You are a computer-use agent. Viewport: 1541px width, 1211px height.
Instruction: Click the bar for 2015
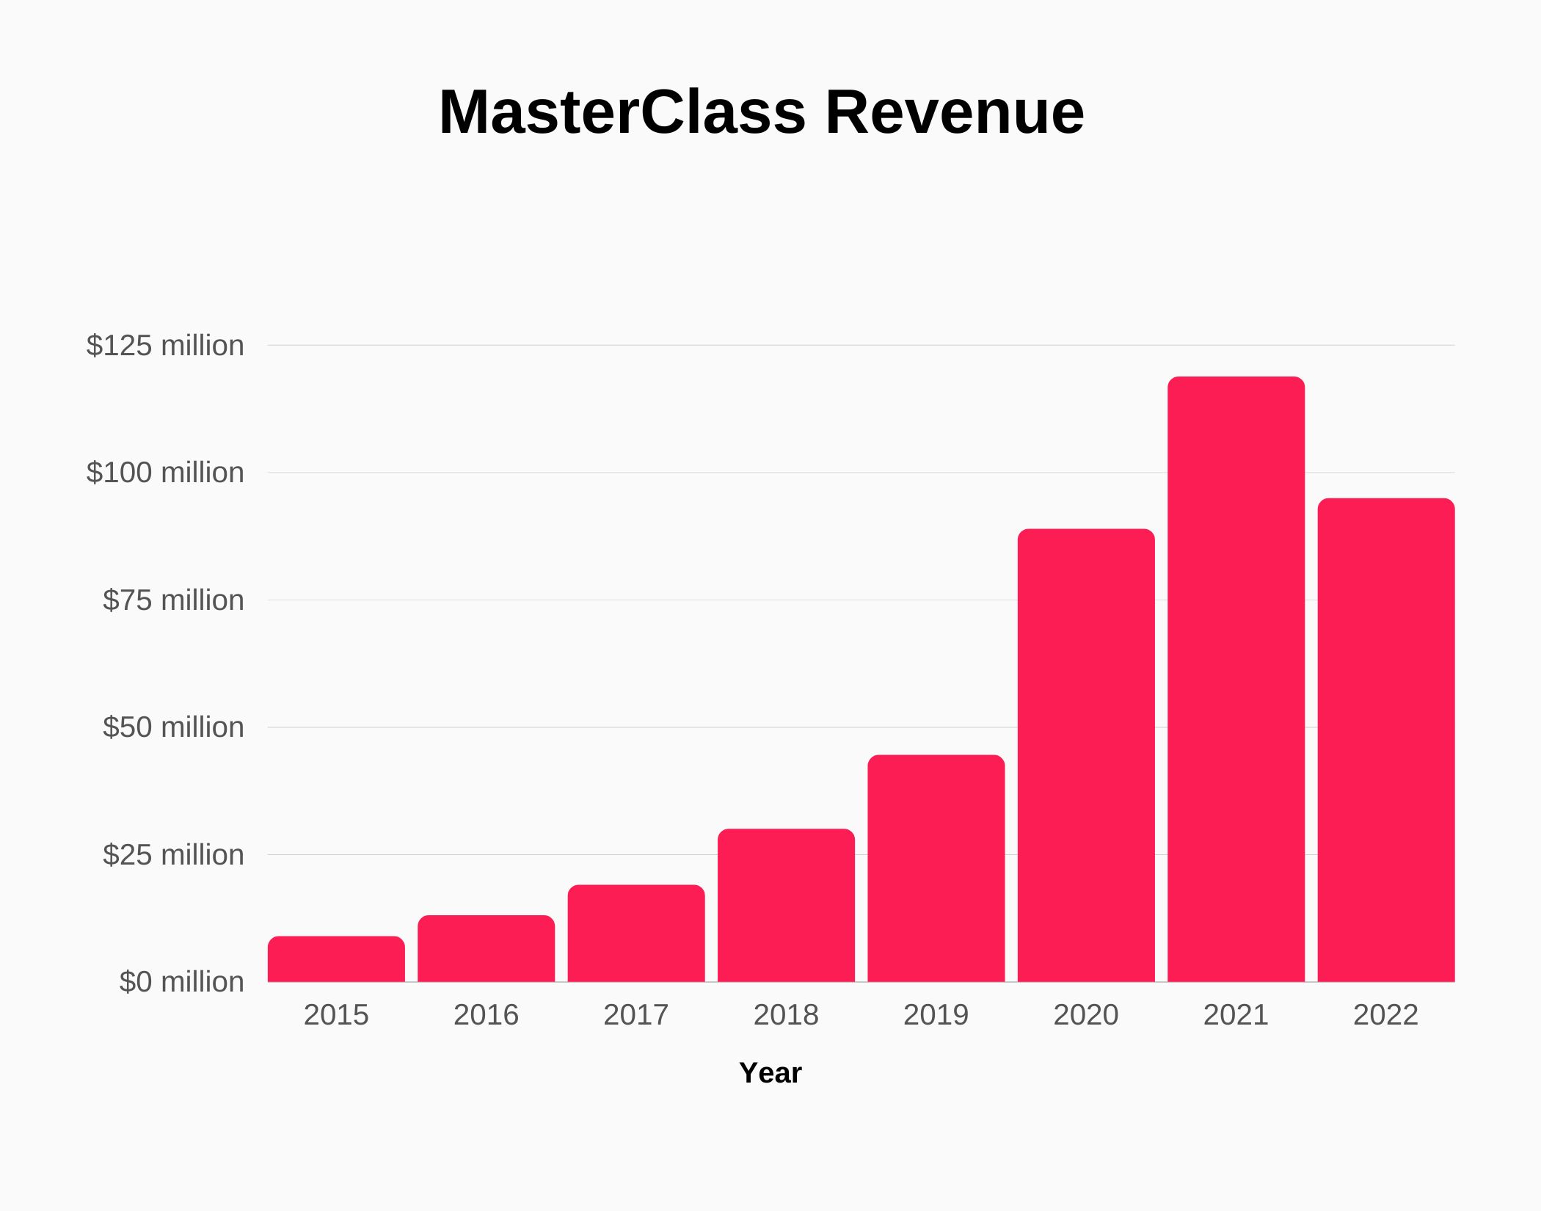click(336, 959)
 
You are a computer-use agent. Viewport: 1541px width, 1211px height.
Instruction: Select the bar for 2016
click(486, 948)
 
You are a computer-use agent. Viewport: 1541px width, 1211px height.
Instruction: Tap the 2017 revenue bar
click(636, 934)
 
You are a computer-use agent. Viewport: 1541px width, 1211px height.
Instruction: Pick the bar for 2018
click(786, 906)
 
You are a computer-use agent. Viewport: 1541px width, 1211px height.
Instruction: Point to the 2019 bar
click(936, 868)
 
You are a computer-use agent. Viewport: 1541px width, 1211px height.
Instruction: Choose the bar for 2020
click(1086, 755)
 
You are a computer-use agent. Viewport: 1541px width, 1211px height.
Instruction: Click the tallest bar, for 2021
click(1236, 679)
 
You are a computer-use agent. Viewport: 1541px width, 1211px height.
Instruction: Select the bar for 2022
click(1386, 740)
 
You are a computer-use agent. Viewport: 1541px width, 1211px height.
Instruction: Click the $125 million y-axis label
click(165, 345)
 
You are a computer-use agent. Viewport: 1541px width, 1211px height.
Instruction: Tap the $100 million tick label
click(165, 473)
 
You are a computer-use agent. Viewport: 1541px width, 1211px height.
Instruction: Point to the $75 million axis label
click(173, 600)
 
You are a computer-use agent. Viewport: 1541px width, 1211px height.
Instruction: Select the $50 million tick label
click(173, 727)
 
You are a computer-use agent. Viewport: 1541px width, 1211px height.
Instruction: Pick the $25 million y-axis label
click(173, 855)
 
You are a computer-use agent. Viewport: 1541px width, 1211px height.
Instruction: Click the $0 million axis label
click(181, 982)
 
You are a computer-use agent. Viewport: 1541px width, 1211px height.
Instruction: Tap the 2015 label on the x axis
click(336, 1015)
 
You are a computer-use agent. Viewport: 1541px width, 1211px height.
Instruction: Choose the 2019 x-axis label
click(936, 1015)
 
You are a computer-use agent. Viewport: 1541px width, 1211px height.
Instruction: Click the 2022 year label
click(1385, 1015)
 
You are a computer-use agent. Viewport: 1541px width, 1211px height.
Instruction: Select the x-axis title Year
click(770, 1073)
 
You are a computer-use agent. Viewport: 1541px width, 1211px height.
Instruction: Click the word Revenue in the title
click(954, 112)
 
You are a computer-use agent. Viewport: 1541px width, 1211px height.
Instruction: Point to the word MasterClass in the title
click(622, 112)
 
